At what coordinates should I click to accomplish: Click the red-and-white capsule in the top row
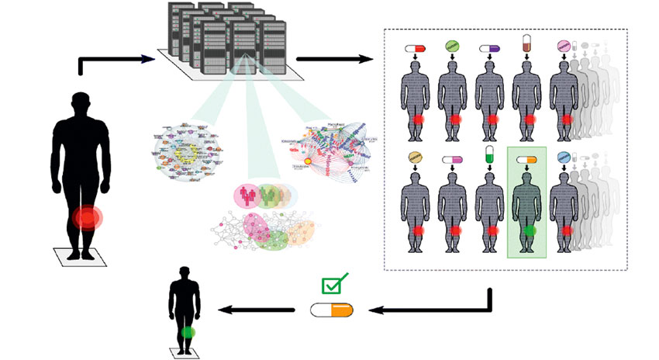coord(416,49)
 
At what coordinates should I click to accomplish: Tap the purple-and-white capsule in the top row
coord(490,49)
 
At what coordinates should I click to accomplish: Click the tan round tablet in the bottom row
coord(416,158)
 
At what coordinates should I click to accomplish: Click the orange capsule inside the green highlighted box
coord(526,160)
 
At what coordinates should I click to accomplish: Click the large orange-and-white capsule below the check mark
coord(331,310)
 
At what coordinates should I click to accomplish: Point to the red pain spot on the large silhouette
coord(88,217)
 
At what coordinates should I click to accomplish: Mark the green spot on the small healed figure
coord(187,332)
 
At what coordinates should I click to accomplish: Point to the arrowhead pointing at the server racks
coord(148,58)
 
